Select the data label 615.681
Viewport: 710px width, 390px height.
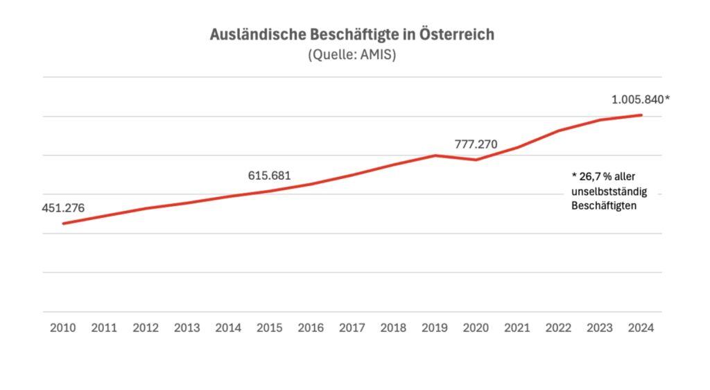tap(270, 176)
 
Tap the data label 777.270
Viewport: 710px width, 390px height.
tap(476, 145)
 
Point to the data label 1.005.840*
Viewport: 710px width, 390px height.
tap(640, 99)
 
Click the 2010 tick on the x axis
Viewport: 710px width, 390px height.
tap(63, 328)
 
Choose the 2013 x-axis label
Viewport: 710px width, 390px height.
tap(187, 328)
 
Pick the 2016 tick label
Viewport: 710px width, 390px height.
tap(311, 328)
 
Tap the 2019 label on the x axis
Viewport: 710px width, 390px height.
tap(435, 328)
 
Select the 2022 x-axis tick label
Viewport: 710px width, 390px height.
tap(558, 328)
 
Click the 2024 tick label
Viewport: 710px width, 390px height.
tap(641, 328)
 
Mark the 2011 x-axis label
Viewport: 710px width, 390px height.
tap(104, 328)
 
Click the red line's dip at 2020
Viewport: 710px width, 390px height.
tap(476, 160)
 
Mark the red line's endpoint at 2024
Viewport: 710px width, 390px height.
tap(641, 115)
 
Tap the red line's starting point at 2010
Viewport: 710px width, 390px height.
tap(63, 223)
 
